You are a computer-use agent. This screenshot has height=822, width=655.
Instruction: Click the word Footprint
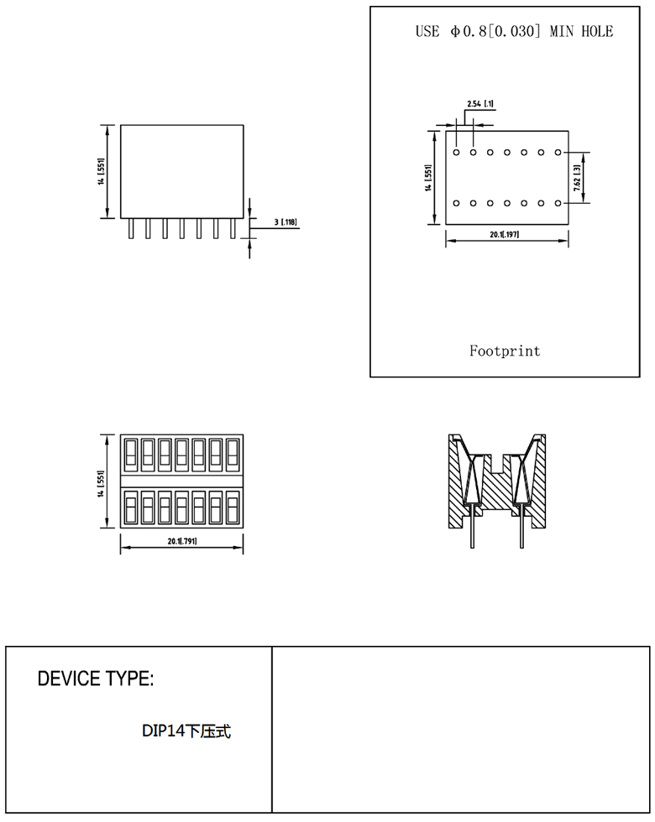(x=505, y=351)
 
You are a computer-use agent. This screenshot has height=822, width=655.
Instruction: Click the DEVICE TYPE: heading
(x=96, y=679)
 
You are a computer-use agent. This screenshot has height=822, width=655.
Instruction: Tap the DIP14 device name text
(x=186, y=731)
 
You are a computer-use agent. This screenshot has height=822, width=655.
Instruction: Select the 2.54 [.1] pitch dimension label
(x=479, y=104)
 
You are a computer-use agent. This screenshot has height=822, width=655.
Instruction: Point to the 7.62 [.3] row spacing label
(x=579, y=178)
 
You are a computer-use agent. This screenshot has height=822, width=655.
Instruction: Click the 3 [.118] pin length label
(x=286, y=222)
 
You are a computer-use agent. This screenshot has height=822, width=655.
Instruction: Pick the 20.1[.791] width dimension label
(x=181, y=541)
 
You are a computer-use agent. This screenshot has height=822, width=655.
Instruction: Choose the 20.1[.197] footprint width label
(x=505, y=234)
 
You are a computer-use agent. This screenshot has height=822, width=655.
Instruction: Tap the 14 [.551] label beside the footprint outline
(x=427, y=178)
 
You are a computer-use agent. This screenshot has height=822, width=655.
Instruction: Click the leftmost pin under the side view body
(x=131, y=228)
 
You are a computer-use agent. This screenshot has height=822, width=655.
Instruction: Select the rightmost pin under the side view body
(x=233, y=228)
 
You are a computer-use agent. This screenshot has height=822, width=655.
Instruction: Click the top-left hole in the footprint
(x=456, y=153)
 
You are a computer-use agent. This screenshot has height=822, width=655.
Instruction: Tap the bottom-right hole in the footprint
(x=558, y=203)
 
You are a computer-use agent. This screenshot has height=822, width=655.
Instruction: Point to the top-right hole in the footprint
(x=558, y=153)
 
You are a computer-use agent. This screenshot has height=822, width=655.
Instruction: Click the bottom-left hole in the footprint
(x=456, y=203)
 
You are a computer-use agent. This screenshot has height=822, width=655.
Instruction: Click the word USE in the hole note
(x=427, y=32)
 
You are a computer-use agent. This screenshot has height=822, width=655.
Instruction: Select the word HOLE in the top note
(x=595, y=32)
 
